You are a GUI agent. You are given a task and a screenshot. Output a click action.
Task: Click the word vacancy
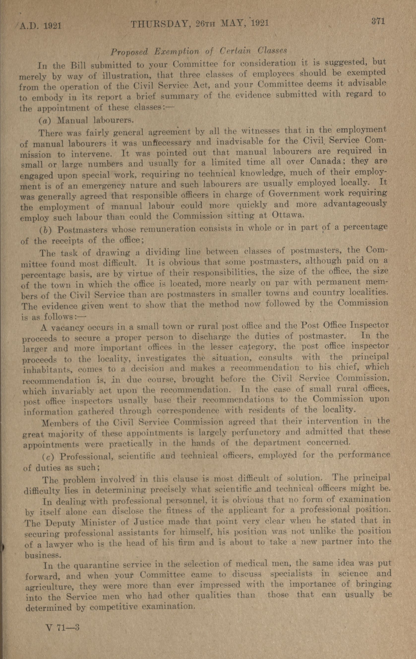(x=66, y=327)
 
